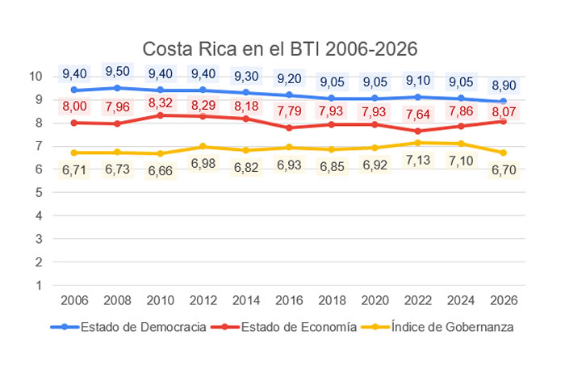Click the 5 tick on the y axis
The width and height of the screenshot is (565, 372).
38,193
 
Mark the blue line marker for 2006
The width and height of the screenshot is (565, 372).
74,90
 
